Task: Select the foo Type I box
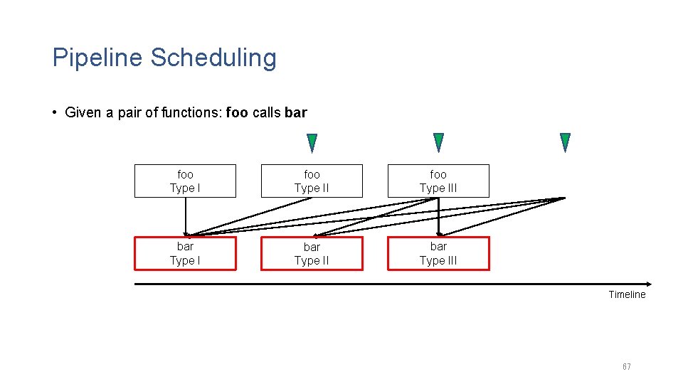185,181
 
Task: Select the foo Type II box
312,181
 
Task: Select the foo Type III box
438,181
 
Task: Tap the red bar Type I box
185,253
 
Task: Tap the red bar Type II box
312,254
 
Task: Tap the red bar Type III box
438,253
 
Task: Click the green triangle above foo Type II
312,142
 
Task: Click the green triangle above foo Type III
438,142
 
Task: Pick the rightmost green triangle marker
565,142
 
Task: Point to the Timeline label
627,294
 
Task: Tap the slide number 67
626,367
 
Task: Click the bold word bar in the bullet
295,112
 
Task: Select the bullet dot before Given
55,112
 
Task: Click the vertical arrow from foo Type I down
186,215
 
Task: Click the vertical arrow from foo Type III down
439,215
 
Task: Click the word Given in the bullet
83,112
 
